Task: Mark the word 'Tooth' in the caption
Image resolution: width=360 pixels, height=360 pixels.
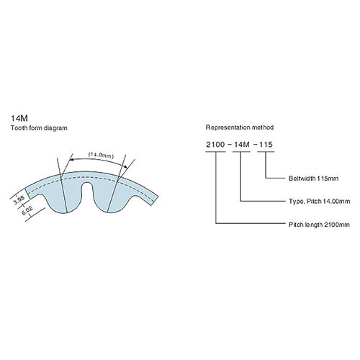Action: pos(19,128)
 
